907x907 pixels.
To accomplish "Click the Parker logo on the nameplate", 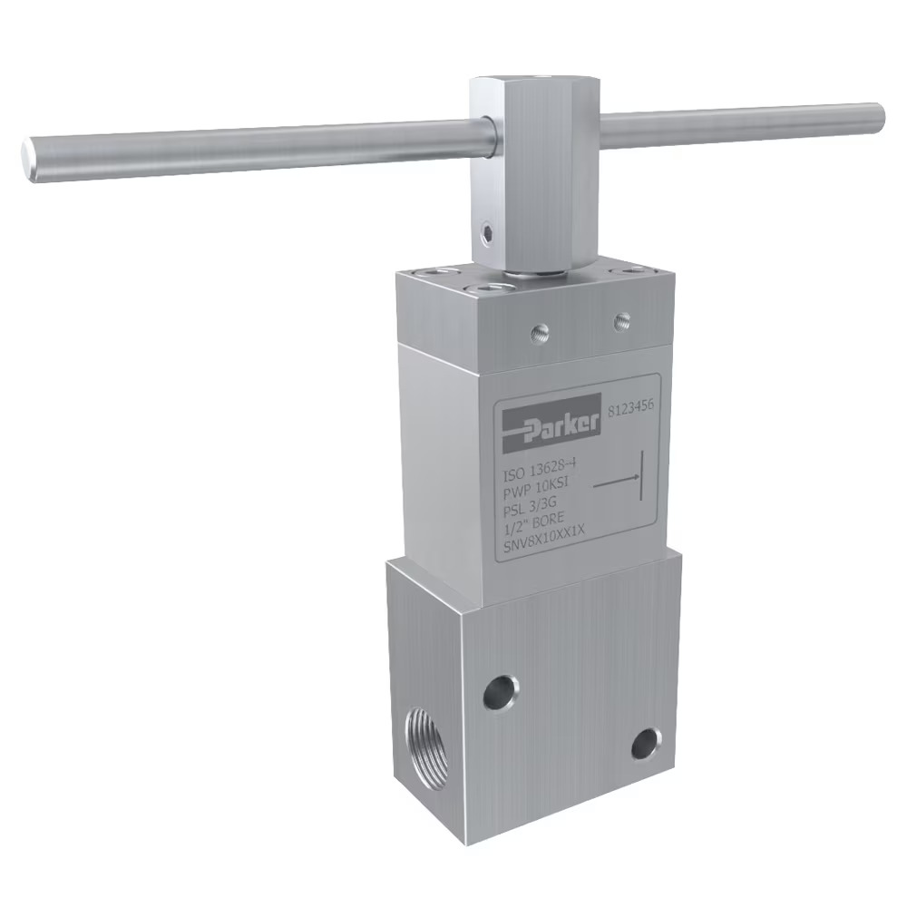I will click(x=551, y=424).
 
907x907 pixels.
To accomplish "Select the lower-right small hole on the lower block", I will click(x=646, y=746).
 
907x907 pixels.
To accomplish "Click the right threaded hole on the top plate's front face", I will click(x=621, y=318).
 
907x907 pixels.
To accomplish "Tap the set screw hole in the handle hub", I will click(x=488, y=235).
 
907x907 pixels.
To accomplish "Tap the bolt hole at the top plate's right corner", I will click(x=624, y=271).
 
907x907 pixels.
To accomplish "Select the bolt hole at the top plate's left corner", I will click(x=426, y=272).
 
